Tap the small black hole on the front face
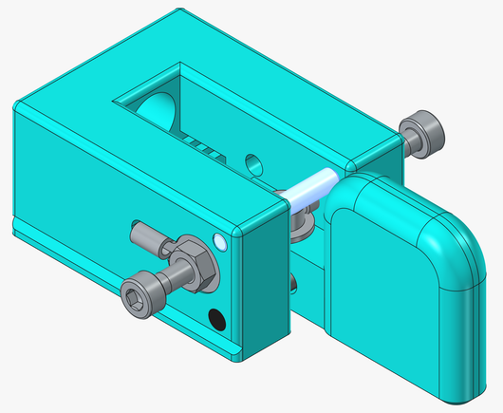point(217,320)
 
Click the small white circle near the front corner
point(221,241)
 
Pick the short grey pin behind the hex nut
point(144,232)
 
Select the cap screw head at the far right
point(423,129)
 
